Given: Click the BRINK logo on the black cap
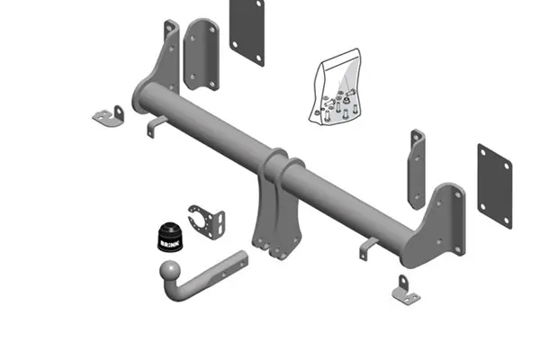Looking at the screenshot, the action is coord(170,244).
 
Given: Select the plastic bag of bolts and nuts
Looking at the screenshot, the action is coord(335,86).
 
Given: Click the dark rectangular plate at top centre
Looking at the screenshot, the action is coord(247,31).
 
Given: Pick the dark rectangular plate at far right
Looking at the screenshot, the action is coord(495,186).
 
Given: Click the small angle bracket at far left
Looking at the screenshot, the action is coord(109,116).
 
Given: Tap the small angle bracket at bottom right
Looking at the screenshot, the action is coord(406,291).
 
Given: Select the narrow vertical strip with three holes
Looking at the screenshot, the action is coord(417,169).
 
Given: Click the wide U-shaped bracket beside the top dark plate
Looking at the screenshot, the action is coord(202,54).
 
